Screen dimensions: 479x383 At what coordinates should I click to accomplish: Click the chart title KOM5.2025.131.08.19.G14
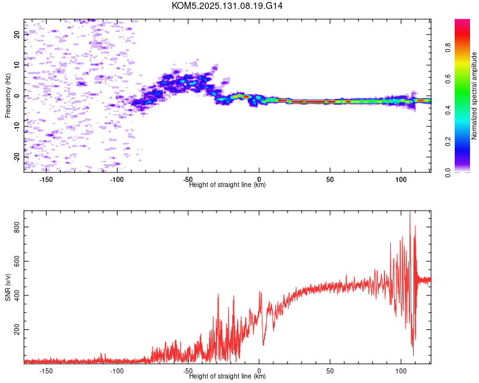[x=227, y=6]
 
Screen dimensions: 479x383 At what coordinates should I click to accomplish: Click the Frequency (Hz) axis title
[x=8, y=96]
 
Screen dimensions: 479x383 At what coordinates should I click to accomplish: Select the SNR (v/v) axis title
[x=8, y=287]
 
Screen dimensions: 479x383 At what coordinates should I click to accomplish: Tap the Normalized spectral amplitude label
[x=474, y=96]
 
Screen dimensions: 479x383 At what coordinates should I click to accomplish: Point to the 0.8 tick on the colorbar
[x=448, y=48]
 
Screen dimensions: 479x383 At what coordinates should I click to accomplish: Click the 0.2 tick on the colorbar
[x=448, y=142]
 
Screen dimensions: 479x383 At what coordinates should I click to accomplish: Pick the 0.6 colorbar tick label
[x=448, y=79]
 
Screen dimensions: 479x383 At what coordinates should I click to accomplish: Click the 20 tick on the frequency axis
[x=17, y=34]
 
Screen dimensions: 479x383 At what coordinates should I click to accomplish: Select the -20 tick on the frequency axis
[x=17, y=158]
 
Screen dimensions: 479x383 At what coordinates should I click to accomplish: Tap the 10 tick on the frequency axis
[x=17, y=64]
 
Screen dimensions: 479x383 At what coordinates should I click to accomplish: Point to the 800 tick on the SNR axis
[x=17, y=227]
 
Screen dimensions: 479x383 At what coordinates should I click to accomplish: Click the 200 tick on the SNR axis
[x=17, y=329]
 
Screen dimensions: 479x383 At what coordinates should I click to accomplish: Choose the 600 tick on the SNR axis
[x=17, y=261]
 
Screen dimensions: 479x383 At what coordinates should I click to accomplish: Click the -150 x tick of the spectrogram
[x=46, y=179]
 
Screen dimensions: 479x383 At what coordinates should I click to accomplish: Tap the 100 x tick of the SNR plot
[x=401, y=371]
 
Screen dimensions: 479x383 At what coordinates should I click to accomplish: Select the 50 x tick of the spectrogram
[x=330, y=179]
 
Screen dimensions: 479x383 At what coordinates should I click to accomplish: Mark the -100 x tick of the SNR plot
[x=117, y=371]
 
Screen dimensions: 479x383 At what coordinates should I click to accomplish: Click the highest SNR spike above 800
[x=409, y=213]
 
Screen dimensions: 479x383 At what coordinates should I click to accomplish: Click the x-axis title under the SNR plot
[x=227, y=376]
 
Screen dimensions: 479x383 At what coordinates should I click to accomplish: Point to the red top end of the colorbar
[x=462, y=21]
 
